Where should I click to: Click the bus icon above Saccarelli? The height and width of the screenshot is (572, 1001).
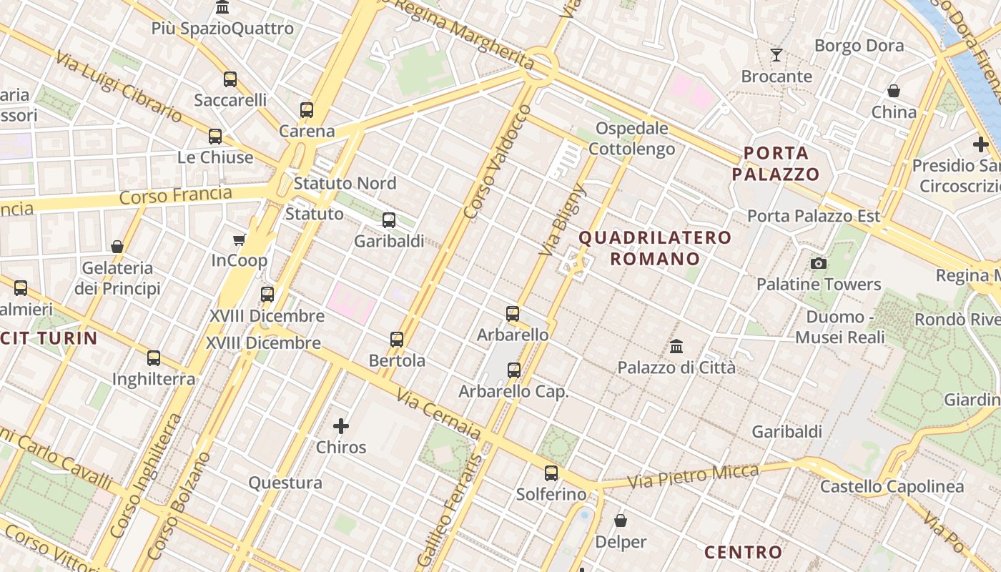coord(230,79)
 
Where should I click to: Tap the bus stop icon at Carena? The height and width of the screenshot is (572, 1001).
coord(307,110)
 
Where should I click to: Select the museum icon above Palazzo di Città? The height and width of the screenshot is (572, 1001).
coord(676,347)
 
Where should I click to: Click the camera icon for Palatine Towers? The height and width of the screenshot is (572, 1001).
coord(819,263)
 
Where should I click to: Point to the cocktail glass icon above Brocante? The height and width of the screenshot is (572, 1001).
coord(776,55)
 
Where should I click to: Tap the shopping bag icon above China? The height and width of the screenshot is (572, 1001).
coord(894,91)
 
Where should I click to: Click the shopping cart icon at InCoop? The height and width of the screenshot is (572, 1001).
coord(240,240)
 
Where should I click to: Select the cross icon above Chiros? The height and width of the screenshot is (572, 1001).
coord(341,426)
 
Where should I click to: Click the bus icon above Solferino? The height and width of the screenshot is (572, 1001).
coord(551,473)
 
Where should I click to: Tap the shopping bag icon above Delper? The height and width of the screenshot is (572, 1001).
coord(621,521)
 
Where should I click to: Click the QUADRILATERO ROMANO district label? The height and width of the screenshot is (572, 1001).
coord(655,247)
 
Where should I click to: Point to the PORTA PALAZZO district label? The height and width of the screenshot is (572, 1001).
coord(776,163)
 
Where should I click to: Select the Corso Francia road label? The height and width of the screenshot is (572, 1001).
coord(175,195)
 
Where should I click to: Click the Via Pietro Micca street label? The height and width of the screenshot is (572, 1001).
coord(693,476)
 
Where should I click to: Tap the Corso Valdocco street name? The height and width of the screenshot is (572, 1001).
coord(498,162)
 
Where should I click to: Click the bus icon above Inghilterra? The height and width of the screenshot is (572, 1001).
coord(154,358)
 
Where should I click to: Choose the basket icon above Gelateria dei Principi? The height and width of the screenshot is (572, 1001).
coord(117,247)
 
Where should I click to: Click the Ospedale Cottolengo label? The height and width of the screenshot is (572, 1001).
coord(631,139)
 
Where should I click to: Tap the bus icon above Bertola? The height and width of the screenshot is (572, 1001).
coord(397,340)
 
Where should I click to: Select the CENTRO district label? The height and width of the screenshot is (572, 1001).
coord(744,552)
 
